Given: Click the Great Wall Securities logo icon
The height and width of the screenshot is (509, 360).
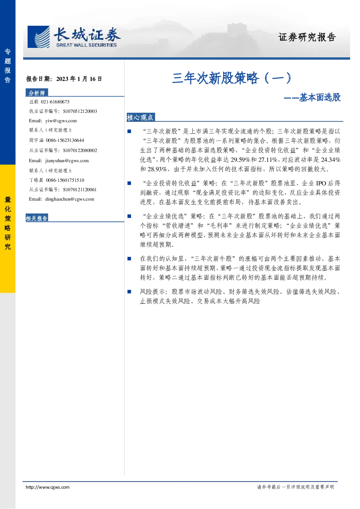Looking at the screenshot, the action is coord(38,37).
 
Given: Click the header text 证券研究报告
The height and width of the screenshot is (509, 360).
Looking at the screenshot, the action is coord(307,37).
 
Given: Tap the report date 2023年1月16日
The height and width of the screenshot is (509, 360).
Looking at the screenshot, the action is coord(79,79).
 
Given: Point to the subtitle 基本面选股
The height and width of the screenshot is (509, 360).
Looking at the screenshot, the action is coord(320,97).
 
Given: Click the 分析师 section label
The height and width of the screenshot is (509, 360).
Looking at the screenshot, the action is coord(37,93).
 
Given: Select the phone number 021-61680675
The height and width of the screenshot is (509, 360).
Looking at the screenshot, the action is coord(55,102).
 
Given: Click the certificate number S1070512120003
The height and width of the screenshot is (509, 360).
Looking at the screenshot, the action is coord(80,111).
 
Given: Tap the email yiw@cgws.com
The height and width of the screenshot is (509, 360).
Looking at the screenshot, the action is coord(61,121).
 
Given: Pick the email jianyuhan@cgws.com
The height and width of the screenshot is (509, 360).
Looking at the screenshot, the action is coord(67,161).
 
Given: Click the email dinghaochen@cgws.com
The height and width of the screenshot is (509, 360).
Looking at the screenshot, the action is coord(70,199).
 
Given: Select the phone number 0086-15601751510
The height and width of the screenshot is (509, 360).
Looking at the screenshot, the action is coord(65,180).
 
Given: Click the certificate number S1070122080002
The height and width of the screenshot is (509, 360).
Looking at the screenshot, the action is coord(80,151).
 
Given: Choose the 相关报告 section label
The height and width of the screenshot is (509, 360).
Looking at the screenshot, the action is coord(37,218).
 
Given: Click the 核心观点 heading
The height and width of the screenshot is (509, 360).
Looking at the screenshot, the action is coord(140,118).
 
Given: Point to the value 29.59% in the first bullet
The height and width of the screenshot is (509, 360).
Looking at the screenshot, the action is coord(241,160).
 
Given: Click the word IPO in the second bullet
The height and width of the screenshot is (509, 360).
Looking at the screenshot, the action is coord(321,183).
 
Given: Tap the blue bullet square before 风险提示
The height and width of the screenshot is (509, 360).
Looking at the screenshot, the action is coord(129,292).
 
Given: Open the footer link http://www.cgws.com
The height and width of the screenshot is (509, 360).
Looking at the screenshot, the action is coord(48,487).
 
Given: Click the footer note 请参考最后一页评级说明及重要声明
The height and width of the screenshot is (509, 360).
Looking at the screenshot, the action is coord(295,487).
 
